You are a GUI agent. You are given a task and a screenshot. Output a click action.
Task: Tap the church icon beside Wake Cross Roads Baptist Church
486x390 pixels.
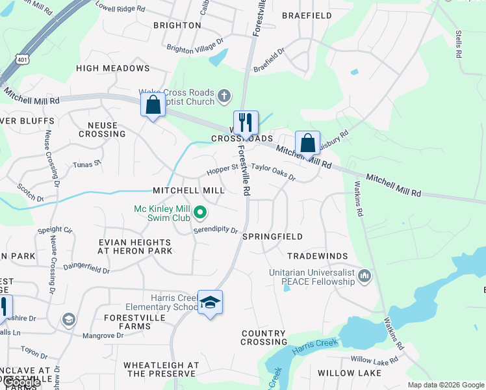(224, 97)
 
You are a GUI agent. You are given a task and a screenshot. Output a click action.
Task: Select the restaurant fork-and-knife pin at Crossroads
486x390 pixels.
(246, 122)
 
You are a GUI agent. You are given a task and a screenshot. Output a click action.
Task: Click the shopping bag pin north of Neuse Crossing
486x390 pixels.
(153, 105)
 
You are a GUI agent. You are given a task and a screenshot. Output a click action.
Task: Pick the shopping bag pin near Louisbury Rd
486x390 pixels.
(307, 143)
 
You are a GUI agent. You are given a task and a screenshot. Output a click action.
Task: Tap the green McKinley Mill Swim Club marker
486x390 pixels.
(201, 213)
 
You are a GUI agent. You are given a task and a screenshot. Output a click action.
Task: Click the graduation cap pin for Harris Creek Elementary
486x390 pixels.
(210, 302)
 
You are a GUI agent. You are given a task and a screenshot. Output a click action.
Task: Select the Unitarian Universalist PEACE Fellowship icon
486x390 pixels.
(364, 278)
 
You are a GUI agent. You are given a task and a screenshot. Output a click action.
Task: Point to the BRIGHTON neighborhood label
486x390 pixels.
(177, 25)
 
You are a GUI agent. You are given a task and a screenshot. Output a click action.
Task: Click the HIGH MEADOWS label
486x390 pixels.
(113, 68)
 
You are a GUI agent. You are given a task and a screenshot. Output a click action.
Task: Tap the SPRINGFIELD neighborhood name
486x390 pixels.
(272, 237)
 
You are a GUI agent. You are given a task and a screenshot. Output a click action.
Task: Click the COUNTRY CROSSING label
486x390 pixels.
(264, 337)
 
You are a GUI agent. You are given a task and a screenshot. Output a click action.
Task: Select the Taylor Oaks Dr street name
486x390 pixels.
(274, 172)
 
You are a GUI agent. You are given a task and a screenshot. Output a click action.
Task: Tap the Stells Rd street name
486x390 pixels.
(458, 44)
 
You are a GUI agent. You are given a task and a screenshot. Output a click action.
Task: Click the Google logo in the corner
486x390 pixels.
(21, 383)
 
